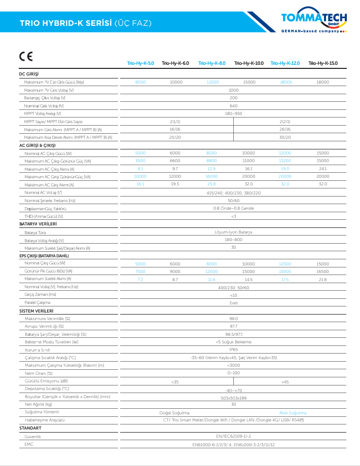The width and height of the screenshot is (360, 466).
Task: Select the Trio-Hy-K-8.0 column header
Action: [212, 63]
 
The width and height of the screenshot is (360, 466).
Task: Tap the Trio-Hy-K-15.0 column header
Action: [322, 63]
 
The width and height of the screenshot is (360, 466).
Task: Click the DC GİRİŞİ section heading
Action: [29, 74]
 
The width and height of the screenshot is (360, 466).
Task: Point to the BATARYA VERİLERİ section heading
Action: [38, 223]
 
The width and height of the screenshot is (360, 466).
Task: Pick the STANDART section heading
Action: [30, 428]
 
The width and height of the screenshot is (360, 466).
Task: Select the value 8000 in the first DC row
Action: [140, 82]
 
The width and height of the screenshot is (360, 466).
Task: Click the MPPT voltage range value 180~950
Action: [233, 113]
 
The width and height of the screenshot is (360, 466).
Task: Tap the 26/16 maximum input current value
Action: [285, 129]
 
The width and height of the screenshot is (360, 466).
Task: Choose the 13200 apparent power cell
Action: [285, 161]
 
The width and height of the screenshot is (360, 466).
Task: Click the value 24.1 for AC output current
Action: [322, 169]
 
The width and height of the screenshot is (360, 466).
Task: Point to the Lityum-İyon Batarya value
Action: [233, 232]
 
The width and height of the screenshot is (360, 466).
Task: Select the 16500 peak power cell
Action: [322, 271]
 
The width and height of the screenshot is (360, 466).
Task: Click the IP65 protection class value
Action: [233, 349]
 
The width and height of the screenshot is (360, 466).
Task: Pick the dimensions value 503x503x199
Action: [233, 397]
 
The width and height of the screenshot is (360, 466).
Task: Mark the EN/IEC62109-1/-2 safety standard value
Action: [233, 436]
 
